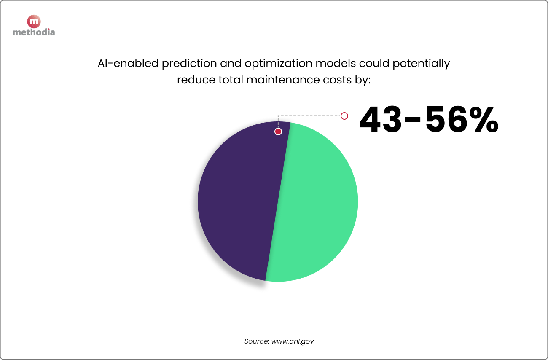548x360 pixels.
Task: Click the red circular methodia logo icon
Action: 34,21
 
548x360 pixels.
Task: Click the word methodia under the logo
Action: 34,32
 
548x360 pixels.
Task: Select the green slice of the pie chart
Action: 316,202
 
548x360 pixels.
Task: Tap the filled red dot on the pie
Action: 278,132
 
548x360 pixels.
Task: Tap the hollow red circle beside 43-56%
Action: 344,116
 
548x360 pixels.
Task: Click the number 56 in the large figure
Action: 449,121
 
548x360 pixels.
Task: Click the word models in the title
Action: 337,64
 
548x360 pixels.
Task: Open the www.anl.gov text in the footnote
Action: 293,341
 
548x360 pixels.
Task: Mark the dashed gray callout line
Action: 310,116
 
